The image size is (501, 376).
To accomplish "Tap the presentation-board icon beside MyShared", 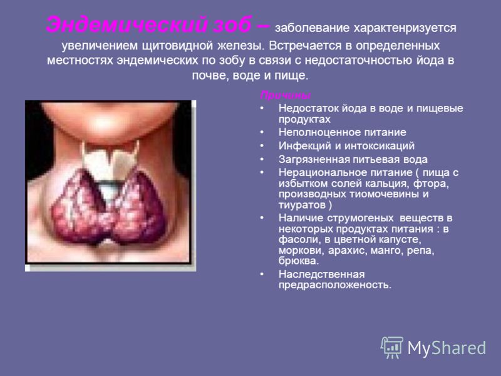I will pyautogui.click(x=392, y=347).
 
